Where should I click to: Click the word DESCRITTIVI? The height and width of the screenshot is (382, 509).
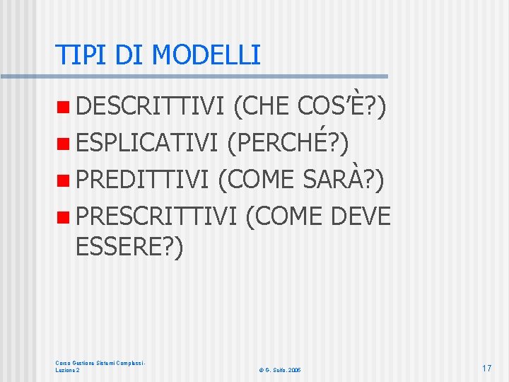[149, 108]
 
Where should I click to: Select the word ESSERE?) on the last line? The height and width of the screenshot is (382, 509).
[129, 248]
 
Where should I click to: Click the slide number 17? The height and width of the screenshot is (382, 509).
[486, 368]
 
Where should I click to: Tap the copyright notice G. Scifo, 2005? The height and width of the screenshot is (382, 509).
[280, 370]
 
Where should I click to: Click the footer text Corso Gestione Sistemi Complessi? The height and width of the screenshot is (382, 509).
[100, 363]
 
